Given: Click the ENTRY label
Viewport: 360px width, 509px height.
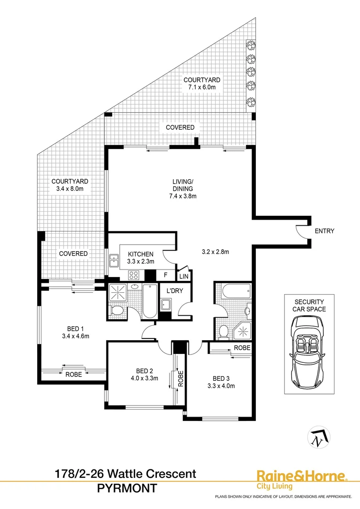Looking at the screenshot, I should click(325, 231).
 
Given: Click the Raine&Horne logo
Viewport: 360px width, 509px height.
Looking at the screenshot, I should click(301, 479).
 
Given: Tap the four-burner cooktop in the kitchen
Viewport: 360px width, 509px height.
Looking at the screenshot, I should click(133, 275).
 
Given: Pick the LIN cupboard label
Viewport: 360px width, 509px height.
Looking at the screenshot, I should click(183, 276).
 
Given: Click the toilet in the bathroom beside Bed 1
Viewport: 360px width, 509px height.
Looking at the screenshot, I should click(116, 311).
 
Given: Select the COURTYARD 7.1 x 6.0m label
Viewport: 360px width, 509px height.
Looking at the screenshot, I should click(202, 83).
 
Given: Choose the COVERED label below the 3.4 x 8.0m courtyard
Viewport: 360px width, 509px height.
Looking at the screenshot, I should click(73, 254).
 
